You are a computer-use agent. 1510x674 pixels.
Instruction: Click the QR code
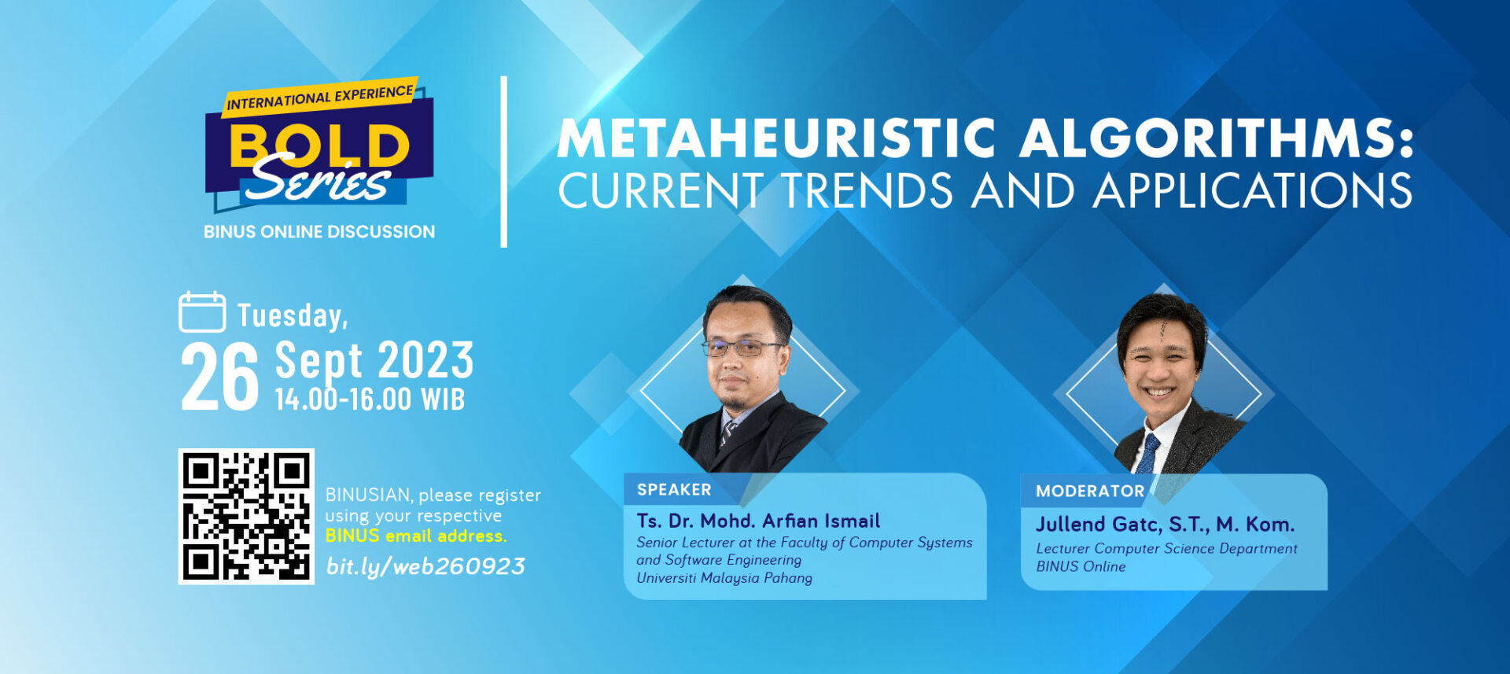(x=246, y=516)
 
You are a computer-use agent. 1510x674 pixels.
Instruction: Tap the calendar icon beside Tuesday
(x=202, y=312)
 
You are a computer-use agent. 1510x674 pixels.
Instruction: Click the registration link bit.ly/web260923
(x=425, y=566)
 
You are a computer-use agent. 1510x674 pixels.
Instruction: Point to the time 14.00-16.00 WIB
(x=370, y=400)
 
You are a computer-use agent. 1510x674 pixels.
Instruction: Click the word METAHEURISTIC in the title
(x=777, y=138)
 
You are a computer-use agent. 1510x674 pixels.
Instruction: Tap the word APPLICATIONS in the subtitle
(x=1253, y=190)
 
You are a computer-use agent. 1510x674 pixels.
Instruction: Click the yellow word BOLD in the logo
(x=319, y=145)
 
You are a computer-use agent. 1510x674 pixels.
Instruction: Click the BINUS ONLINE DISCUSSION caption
(x=319, y=232)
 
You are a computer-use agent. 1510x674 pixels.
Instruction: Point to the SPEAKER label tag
(x=675, y=490)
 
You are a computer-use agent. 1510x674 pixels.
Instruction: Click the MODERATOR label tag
(x=1090, y=492)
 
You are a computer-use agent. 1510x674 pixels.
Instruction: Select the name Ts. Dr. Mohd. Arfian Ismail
(x=758, y=521)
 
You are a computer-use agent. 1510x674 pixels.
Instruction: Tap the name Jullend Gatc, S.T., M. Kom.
(x=1165, y=524)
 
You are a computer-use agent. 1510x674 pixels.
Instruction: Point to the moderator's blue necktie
(x=1147, y=454)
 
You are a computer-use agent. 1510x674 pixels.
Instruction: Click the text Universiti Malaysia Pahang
(x=724, y=578)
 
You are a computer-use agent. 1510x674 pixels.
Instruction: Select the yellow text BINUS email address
(x=416, y=536)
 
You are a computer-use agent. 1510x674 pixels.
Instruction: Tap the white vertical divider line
(x=504, y=162)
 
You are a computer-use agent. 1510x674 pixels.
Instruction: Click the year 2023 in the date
(x=425, y=360)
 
